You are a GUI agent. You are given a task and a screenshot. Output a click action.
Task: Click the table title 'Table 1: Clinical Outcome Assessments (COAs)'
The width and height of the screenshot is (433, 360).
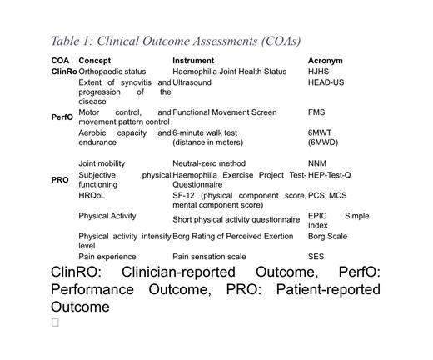pyautogui.click(x=175, y=41)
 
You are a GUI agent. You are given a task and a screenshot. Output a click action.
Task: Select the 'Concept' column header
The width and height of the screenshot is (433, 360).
pyautogui.click(x=94, y=61)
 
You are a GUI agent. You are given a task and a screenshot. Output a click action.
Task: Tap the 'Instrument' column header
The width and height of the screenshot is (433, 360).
pyautogui.click(x=193, y=61)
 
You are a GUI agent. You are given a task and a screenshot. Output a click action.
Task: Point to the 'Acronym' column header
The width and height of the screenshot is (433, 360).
pyautogui.click(x=325, y=61)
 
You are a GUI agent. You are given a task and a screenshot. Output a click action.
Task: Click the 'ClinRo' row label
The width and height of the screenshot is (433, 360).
pyautogui.click(x=63, y=72)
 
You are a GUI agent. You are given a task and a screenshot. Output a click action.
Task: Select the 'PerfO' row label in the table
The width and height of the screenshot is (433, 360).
pyautogui.click(x=62, y=117)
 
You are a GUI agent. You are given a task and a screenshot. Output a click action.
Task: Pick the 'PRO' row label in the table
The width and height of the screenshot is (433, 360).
pyautogui.click(x=60, y=180)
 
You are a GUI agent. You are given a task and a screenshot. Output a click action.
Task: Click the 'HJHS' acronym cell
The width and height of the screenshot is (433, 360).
pyautogui.click(x=318, y=72)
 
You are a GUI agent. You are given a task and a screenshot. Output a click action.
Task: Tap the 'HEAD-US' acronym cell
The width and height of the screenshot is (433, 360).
pyautogui.click(x=326, y=82)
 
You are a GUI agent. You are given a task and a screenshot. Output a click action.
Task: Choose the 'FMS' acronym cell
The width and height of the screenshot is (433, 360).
pyautogui.click(x=316, y=112)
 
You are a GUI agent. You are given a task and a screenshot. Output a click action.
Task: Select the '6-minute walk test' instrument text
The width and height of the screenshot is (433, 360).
pyautogui.click(x=205, y=132)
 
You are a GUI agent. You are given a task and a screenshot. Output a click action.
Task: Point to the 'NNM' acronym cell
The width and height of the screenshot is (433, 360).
pyautogui.click(x=317, y=163)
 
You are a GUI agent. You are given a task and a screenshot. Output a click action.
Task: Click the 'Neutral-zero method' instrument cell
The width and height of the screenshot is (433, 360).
pyautogui.click(x=209, y=163)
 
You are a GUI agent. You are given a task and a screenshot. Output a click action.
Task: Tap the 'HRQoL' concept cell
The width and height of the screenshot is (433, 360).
pyautogui.click(x=92, y=195)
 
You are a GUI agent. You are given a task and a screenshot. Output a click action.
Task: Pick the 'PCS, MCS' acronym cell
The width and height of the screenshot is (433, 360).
pyautogui.click(x=327, y=195)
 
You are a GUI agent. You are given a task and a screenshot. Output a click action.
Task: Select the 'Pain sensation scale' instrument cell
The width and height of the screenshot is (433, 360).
pyautogui.click(x=209, y=257)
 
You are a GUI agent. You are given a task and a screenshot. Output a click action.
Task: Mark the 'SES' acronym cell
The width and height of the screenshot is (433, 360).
pyautogui.click(x=316, y=257)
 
